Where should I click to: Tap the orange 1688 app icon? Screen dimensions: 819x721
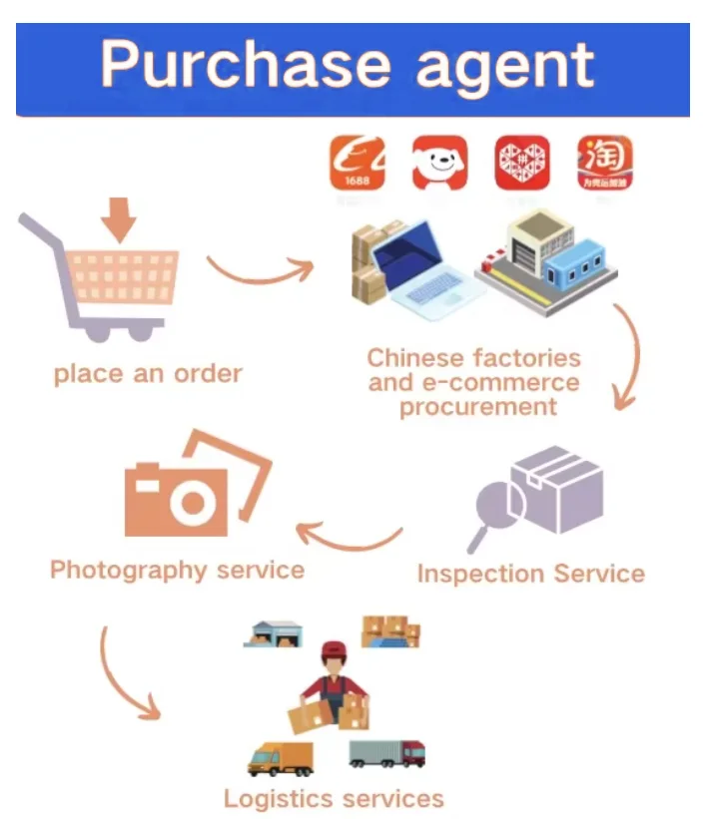(x=357, y=164)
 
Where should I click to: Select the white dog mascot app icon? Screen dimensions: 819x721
(x=439, y=164)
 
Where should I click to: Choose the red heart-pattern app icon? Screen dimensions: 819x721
(x=521, y=164)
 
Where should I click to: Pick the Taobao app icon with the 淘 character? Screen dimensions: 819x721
(x=604, y=164)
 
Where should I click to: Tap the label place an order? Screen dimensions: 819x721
(x=148, y=374)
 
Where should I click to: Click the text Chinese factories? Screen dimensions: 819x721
(x=473, y=358)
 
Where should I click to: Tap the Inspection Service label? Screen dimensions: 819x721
(x=530, y=574)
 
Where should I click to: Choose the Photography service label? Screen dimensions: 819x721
(x=177, y=570)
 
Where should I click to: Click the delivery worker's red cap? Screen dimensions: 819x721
(x=333, y=650)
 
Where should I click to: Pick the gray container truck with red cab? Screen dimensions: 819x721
(x=386, y=753)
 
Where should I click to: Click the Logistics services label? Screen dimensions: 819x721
(x=334, y=798)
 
